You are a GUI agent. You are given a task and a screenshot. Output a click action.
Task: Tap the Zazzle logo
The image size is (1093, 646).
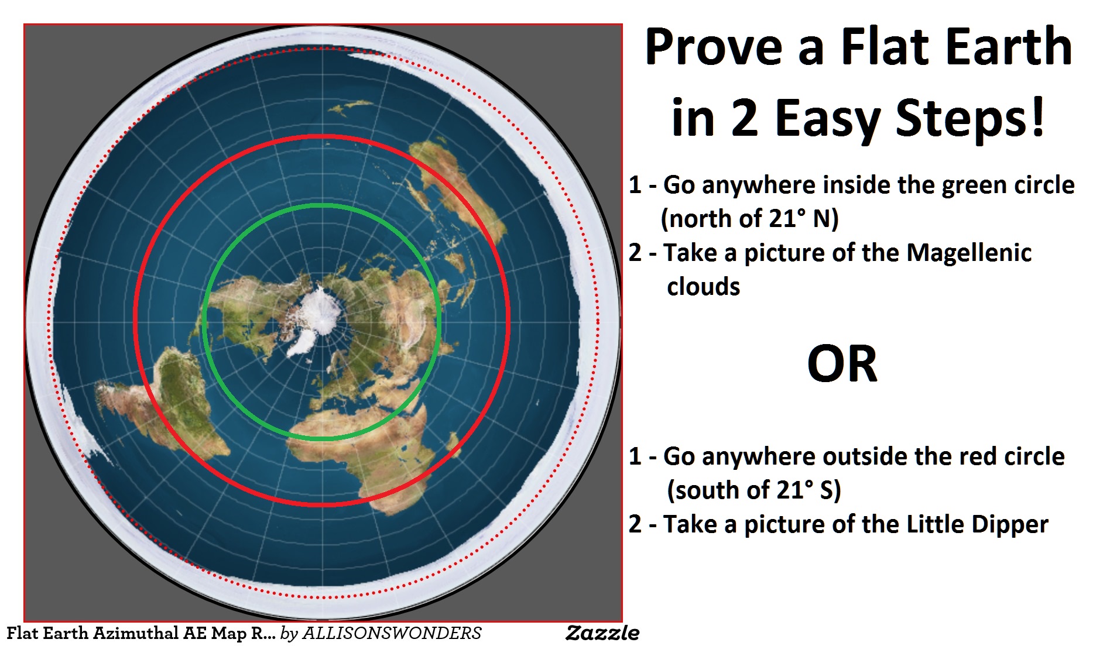click(x=602, y=633)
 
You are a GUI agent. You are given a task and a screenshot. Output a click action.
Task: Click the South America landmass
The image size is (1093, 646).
click(x=170, y=398)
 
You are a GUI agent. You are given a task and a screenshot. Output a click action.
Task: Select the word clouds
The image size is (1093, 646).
click(x=704, y=287)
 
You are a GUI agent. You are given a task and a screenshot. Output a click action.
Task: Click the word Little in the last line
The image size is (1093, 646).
click(x=936, y=525)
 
